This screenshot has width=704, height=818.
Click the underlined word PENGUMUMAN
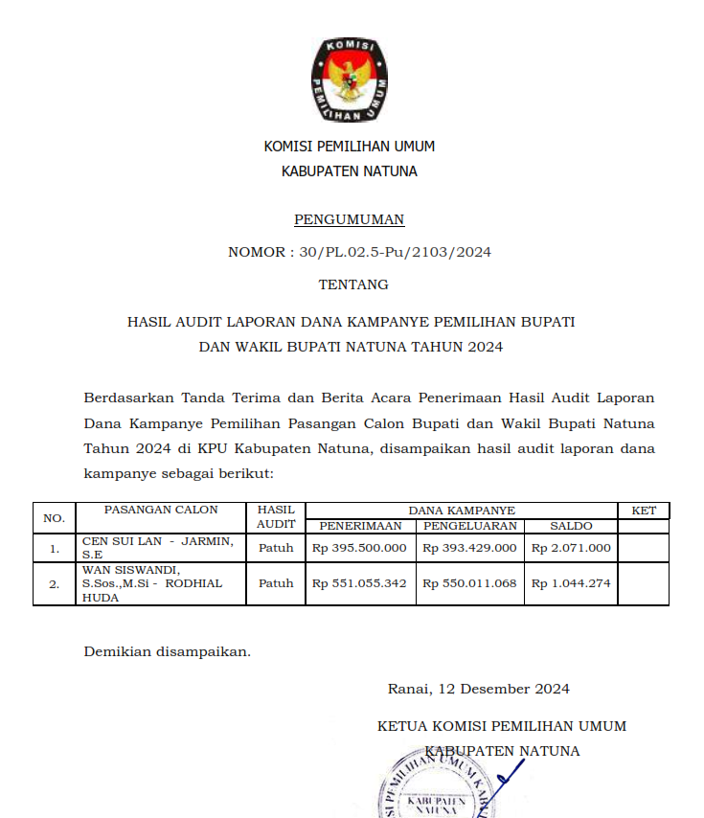pos(349,220)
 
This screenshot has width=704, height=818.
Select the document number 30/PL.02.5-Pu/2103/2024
pos(395,253)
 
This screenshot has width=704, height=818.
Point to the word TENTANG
pos(353,284)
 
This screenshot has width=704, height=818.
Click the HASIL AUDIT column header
pos(276,517)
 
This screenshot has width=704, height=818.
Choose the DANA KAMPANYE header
pos(462,511)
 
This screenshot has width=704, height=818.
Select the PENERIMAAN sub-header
pos(360,526)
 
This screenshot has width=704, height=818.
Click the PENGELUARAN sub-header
pos(470,526)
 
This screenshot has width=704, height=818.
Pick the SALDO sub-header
pos(571,526)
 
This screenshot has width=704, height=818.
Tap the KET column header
pos(644,511)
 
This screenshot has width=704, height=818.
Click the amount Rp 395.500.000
pos(360,548)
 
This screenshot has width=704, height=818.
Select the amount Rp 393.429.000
pos(470,548)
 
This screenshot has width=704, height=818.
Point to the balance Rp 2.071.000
pos(571,548)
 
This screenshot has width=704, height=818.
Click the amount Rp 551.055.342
pos(360,583)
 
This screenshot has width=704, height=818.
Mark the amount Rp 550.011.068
pos(470,583)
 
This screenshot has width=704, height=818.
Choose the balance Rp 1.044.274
pos(571,583)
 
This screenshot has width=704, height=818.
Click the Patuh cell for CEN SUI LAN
pos(276,548)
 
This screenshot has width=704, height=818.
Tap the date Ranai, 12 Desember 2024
pos(478,689)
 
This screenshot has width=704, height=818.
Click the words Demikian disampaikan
pos(167,651)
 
